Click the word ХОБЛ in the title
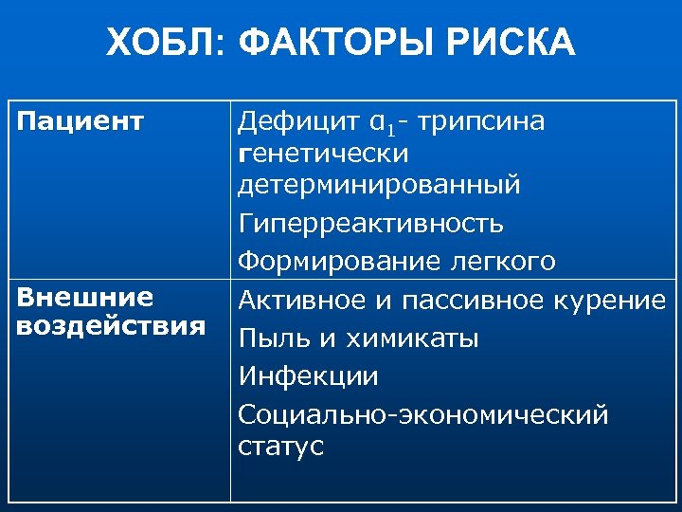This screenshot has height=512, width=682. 160,42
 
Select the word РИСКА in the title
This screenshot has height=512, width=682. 512,42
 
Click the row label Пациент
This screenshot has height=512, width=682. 81,121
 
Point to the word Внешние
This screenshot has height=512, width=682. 85,298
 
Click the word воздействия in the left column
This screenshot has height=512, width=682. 112,326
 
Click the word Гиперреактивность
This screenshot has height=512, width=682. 370,225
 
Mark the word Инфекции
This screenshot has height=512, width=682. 308,376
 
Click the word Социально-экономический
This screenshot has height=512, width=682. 422,414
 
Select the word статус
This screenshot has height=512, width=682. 280,446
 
